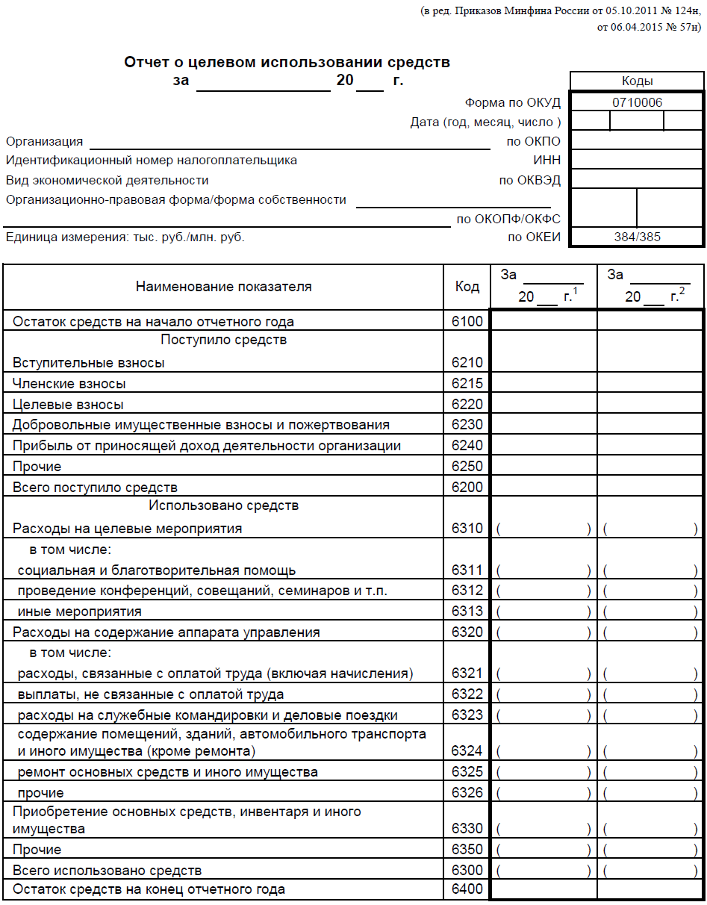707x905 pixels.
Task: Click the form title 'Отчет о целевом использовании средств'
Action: coord(287,63)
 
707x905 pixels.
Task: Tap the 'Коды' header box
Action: coord(637,81)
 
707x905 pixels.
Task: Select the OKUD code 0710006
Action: coord(637,102)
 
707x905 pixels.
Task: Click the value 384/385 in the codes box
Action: coord(637,237)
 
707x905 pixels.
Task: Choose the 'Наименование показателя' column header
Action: coord(223,287)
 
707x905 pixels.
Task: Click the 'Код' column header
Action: coord(467,287)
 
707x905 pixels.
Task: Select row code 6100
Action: coord(467,322)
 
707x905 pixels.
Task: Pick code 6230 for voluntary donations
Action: coord(467,425)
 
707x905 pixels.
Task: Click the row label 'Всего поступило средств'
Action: coord(95,488)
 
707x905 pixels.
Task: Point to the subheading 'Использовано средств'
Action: coord(223,506)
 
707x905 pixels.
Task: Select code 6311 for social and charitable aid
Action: coord(467,570)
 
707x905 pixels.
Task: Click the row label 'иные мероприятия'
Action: coord(80,612)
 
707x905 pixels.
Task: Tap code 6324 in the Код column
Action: coord(467,750)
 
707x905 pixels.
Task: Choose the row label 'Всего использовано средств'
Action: coord(107,871)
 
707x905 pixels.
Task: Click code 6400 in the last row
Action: coord(467,889)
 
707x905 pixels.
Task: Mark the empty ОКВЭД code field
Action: coord(637,180)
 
